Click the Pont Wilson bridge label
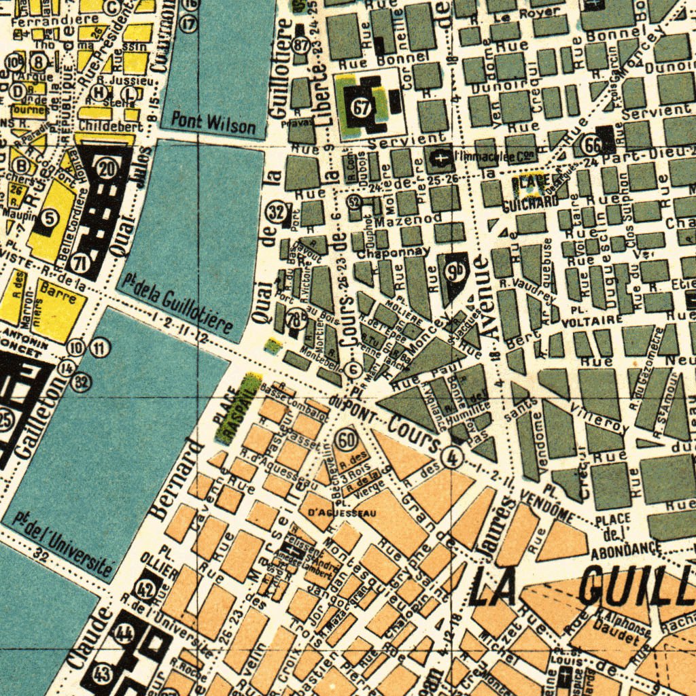(213, 123)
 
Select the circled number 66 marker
(592, 143)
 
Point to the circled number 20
(107, 167)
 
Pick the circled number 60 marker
(347, 440)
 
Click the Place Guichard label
(530, 192)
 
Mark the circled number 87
(300, 45)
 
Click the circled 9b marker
(453, 271)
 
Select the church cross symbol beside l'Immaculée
(441, 159)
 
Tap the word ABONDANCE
(626, 549)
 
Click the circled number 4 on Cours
(450, 457)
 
